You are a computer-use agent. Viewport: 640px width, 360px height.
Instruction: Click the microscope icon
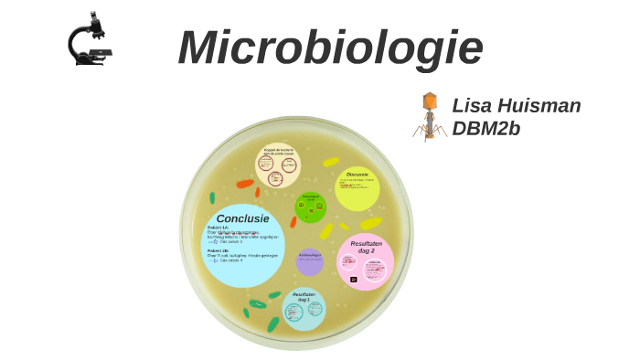coord(89,39)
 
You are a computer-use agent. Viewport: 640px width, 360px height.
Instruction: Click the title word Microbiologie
coord(330,48)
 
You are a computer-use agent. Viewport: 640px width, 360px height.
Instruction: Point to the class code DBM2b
coord(485,129)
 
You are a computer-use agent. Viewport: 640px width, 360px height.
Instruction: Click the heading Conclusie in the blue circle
coord(243,218)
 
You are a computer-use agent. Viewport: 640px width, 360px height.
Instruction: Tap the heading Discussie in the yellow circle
coord(357,175)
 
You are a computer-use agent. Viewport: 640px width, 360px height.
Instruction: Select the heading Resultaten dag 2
coord(366,247)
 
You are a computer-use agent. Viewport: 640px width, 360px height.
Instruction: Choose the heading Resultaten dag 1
coord(304,297)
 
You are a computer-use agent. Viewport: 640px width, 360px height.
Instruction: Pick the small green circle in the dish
coord(311,207)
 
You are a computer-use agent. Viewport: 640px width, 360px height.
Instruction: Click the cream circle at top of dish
coord(278,165)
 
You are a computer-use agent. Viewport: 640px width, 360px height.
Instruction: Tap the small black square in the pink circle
coord(354,280)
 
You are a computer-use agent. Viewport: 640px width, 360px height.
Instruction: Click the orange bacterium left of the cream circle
coord(244,184)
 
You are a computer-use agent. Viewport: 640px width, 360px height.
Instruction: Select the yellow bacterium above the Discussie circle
coord(331,162)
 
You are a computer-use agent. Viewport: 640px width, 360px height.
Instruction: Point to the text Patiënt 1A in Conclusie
coord(219,228)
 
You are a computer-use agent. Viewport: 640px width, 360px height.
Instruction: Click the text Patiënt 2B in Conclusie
coord(219,250)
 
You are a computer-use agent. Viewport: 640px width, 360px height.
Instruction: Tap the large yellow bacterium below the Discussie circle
coord(370,223)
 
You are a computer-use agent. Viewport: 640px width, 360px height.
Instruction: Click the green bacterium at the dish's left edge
coord(212,197)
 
